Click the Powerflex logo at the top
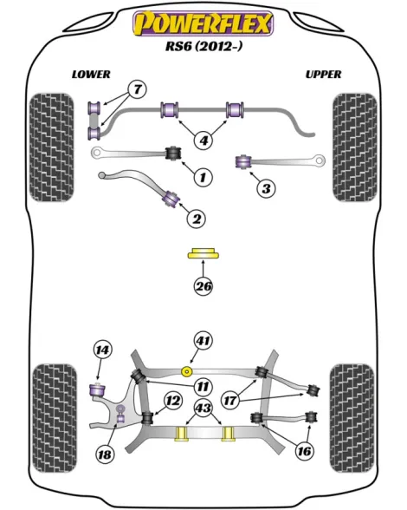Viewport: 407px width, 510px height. coord(203,23)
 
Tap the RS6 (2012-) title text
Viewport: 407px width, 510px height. coord(204,46)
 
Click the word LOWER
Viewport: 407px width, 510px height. coord(91,75)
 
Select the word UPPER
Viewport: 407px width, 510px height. coord(323,75)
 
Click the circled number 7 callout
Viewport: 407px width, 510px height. coord(138,88)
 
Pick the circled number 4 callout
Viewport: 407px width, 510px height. coord(203,141)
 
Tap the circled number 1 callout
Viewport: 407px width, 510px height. coord(203,177)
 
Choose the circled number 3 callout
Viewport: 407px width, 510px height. coord(266,188)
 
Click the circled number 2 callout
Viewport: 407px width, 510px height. coord(197,219)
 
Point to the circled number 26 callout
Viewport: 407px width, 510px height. coord(203,286)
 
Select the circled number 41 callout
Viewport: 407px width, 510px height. coord(203,341)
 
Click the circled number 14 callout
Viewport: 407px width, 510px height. coord(102,350)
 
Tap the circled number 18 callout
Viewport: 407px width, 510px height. coord(105,454)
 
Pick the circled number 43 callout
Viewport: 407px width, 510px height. coord(203,408)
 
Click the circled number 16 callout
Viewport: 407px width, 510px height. coord(304,451)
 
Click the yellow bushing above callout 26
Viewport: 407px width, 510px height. coord(203,253)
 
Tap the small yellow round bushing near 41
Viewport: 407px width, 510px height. coord(186,371)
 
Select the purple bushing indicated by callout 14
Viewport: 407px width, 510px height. coord(97,390)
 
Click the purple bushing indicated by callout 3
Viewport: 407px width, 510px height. coord(243,161)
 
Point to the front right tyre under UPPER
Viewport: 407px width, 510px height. coord(355,147)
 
